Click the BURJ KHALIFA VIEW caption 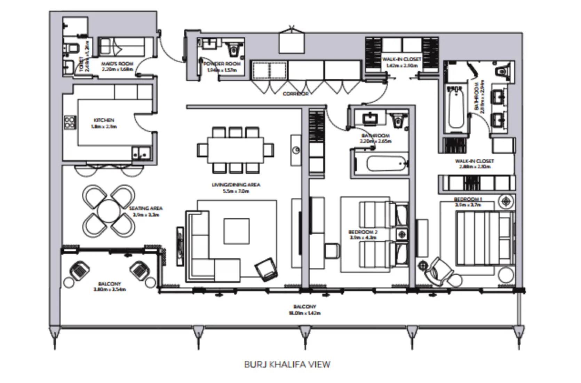[x=287, y=364]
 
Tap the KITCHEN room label [x=104, y=120]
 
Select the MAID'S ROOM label [x=117, y=64]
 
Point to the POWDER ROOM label [x=222, y=64]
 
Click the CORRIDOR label [x=295, y=94]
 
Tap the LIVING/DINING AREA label [x=236, y=185]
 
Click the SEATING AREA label [x=146, y=208]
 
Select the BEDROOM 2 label [x=363, y=232]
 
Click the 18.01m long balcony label [x=304, y=307]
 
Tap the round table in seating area [x=109, y=210]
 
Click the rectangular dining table [x=235, y=150]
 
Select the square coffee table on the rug [x=237, y=231]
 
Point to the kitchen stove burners [x=70, y=123]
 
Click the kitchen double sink [x=141, y=153]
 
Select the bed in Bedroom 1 [x=484, y=239]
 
